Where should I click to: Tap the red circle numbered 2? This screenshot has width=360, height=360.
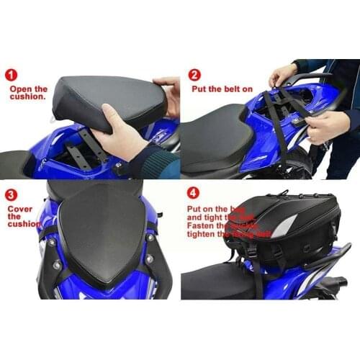[x=194, y=74]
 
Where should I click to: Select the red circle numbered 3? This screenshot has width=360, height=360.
[x=12, y=194]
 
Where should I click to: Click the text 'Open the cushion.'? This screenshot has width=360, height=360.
[x=28, y=94]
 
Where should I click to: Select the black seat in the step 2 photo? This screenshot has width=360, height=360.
[x=216, y=137]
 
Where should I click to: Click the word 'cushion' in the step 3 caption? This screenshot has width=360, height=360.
[x=24, y=224]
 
